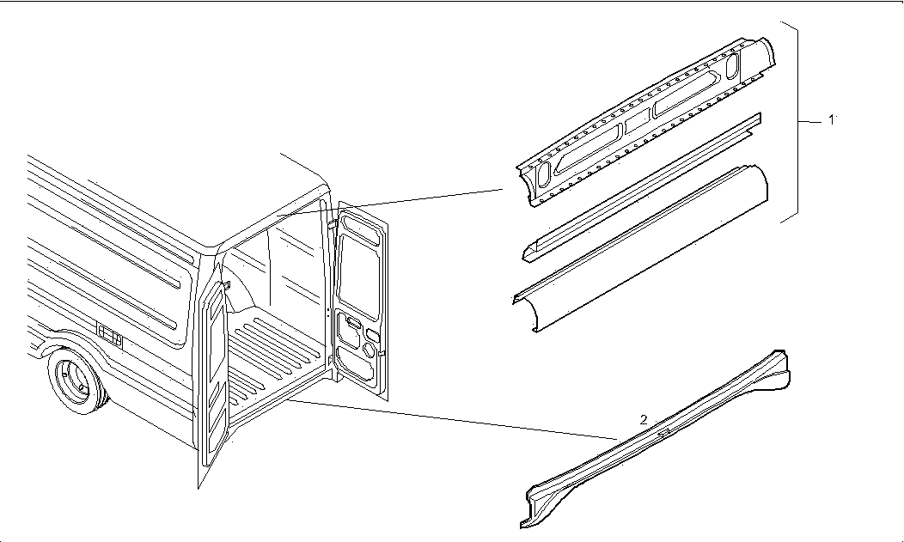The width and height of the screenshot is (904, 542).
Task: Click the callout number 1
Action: [x=831, y=119]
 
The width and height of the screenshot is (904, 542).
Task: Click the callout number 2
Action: [x=644, y=419]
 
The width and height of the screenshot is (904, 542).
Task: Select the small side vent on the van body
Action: [x=109, y=336]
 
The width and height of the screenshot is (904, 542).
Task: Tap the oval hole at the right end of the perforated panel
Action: [x=731, y=66]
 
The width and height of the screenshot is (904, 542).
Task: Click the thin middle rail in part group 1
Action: [x=642, y=186]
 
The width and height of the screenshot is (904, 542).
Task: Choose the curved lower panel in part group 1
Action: [x=640, y=250]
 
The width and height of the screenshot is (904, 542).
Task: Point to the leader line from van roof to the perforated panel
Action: [x=390, y=202]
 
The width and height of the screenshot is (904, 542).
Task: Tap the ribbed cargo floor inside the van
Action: [x=277, y=357]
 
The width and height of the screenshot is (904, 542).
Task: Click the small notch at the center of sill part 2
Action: [x=664, y=430]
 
